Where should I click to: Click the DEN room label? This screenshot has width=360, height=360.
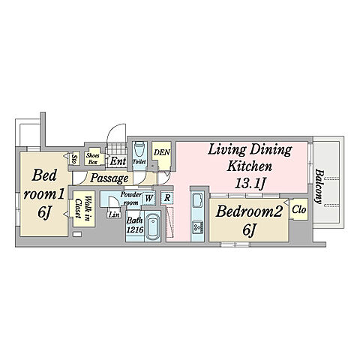[162, 152]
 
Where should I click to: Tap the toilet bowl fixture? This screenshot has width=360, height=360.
[139, 148]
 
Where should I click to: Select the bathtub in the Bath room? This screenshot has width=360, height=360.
[152, 226]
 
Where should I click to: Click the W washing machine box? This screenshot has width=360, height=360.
[148, 199]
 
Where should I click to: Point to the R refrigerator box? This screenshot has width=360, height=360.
[167, 198]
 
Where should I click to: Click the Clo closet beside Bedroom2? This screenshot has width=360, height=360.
[298, 209]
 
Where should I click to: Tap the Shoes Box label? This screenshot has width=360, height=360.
[92, 158]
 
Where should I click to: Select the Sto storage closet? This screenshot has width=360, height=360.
[74, 159]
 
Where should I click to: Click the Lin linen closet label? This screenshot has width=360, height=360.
[114, 214]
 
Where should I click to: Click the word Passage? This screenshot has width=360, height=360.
[109, 178]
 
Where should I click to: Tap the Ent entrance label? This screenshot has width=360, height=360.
[118, 161]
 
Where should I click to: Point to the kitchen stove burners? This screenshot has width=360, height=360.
[197, 227]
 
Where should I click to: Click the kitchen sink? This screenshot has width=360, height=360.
[197, 200]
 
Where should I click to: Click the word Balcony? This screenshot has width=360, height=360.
[319, 187]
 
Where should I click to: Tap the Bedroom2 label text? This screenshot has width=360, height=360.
[249, 211]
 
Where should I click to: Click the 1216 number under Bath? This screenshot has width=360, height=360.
[135, 229]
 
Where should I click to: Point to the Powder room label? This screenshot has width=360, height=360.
[130, 199]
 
